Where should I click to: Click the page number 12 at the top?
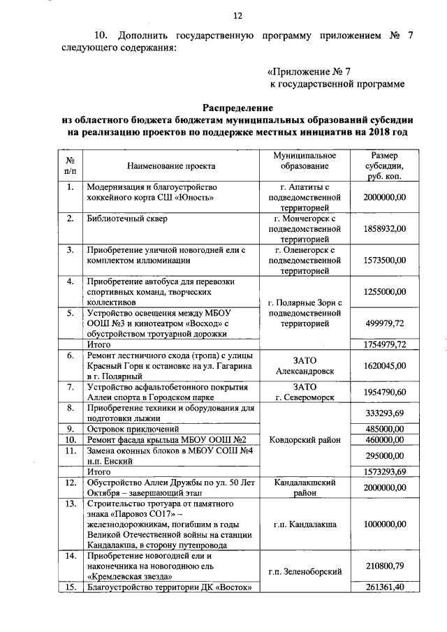click(237, 16)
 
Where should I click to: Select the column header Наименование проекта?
click(170, 166)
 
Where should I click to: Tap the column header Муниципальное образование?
click(305, 161)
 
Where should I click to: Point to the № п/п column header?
click(71, 166)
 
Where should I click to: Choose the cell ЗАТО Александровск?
click(305, 365)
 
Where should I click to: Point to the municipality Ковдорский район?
click(305, 440)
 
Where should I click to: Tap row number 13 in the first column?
click(71, 503)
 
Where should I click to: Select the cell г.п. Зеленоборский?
click(305, 571)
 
